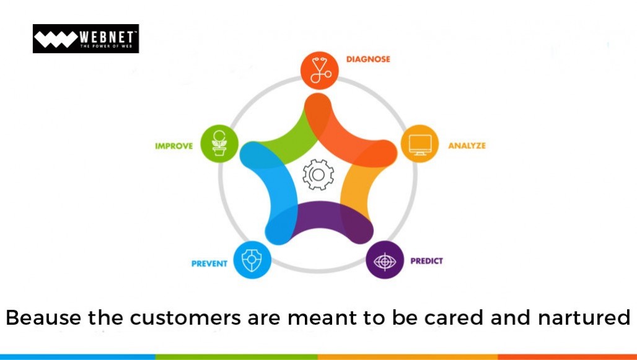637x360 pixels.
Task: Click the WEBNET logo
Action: coord(86,38)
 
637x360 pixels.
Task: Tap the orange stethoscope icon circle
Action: coord(319,70)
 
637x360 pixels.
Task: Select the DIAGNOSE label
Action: coord(368,59)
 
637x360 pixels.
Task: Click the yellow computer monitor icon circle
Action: coord(420,144)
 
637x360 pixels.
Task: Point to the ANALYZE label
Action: coord(467,146)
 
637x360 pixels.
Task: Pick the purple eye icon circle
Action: coord(385,260)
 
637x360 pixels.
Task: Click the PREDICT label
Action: coord(426,261)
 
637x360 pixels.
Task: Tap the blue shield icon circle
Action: coord(252,260)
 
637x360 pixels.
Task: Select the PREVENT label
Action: coord(209,264)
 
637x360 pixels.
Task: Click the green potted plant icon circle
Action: coord(219,144)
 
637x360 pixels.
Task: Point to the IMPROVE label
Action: coord(174,146)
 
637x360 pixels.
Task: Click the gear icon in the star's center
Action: coord(318,175)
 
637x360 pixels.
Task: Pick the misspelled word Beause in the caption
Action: coord(43,317)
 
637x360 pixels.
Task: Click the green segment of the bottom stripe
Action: coord(237,357)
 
